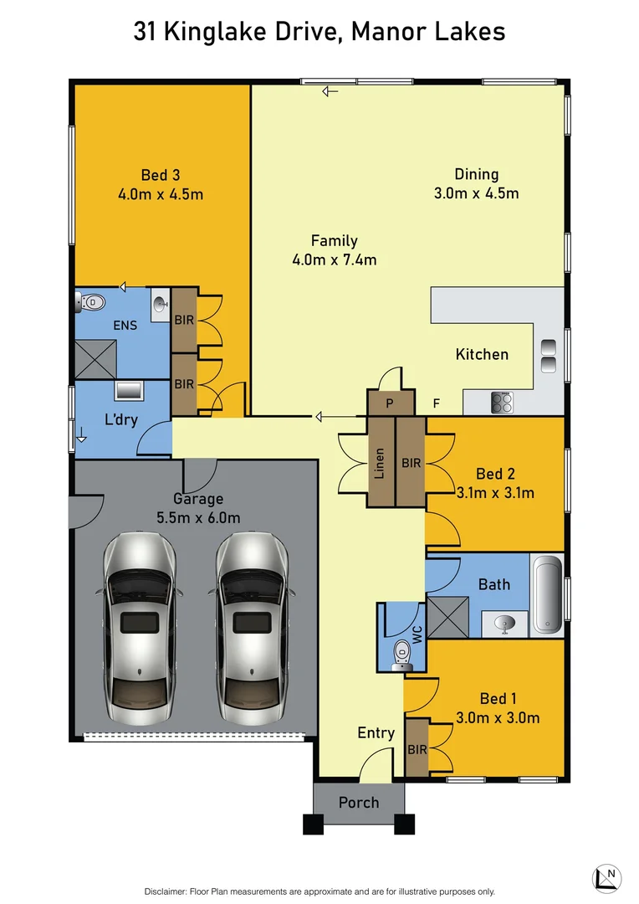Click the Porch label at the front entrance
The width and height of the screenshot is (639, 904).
358,802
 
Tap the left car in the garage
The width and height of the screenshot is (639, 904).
139,629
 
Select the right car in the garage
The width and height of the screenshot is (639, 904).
254,629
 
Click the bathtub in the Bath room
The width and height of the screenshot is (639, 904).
548,593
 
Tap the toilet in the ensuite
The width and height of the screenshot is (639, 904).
91,301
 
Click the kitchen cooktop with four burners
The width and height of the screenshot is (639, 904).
502,403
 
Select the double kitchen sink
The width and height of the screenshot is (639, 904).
549,356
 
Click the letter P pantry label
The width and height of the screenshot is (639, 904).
389,403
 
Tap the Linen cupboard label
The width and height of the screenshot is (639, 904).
380,461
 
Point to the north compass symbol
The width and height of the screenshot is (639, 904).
607,877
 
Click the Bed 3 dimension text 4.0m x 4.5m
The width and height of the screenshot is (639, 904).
161,194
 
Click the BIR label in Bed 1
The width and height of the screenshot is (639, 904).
417,749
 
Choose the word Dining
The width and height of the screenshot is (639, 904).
476,174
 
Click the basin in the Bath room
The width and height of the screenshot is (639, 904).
504,623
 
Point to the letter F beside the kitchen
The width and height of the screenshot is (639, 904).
436,403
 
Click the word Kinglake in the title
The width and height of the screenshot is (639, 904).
215,32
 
